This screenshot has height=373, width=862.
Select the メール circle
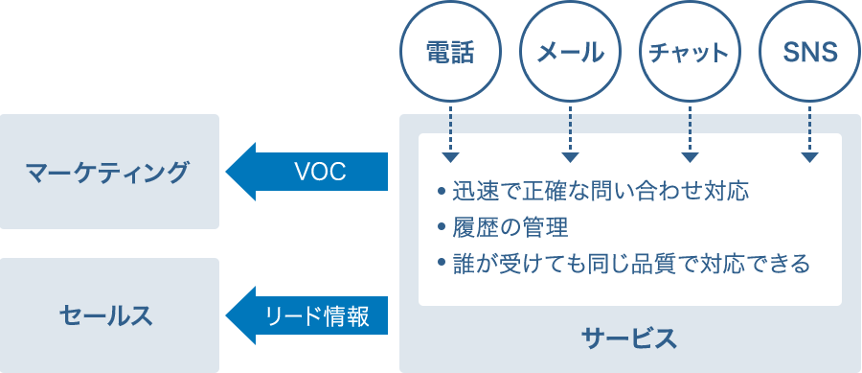(x=570, y=53)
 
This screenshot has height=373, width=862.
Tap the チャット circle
(x=690, y=53)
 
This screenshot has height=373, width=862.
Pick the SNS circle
(x=810, y=53)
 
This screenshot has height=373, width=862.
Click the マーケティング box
(x=109, y=172)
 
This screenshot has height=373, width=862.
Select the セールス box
(x=109, y=315)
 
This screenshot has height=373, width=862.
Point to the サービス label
(x=629, y=338)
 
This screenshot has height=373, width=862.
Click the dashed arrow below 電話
(x=449, y=133)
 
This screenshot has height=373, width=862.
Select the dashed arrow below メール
(x=570, y=133)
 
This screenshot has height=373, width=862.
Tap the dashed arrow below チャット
(x=690, y=133)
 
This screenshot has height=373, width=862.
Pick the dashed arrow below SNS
(x=810, y=133)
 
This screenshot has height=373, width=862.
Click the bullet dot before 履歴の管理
(x=441, y=228)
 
